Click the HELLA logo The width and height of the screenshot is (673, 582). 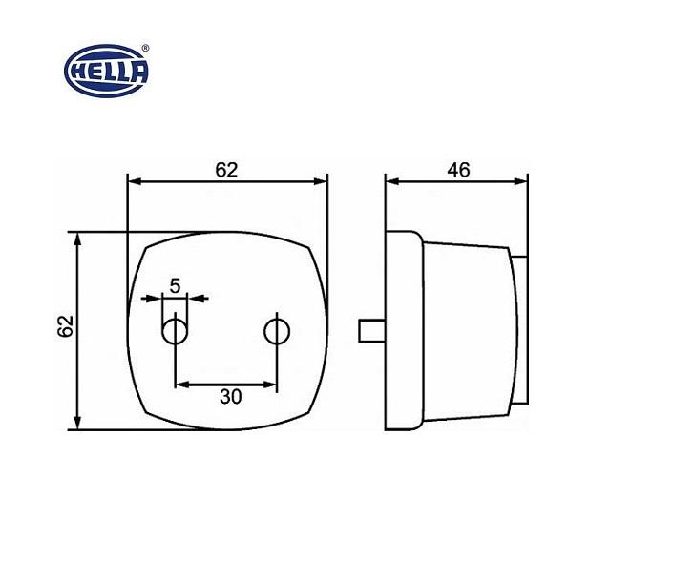point(106,72)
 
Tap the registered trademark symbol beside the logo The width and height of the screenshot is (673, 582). point(145,48)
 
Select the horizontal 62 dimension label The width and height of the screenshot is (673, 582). point(226,170)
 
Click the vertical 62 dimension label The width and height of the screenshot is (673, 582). point(66,326)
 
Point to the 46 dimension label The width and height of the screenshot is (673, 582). point(458,170)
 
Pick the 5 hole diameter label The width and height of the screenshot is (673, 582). point(175,286)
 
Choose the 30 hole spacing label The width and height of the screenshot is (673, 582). point(230,397)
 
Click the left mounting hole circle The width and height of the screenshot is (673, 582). point(175,331)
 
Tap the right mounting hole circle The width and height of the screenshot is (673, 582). point(277,331)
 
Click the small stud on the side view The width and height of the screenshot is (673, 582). point(371,331)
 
